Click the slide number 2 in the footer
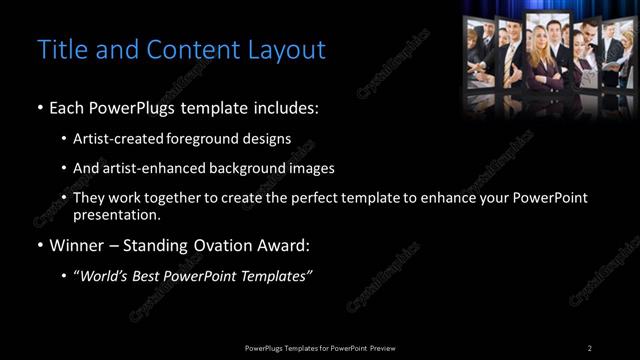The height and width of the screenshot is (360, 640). pos(589,347)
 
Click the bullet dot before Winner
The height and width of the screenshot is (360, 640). pos(39,246)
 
